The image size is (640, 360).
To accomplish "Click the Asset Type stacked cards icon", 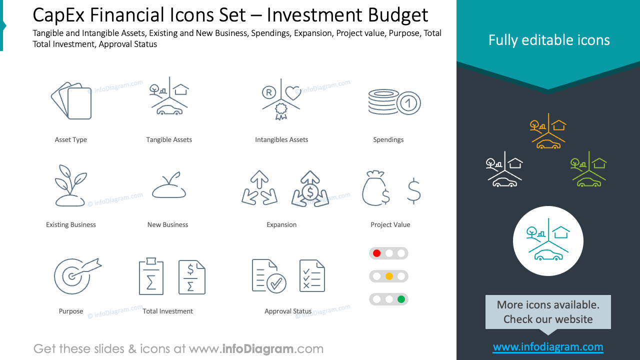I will pos(71,100).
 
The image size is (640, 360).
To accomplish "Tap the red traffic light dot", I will pos(377,253).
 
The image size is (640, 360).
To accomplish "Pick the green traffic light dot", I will pos(401,299).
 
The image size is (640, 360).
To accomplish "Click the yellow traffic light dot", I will pos(389,276).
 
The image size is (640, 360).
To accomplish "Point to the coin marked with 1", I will pos(408,103).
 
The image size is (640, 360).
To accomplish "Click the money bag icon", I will pos(375,188).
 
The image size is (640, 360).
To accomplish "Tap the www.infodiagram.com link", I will pos(548,347).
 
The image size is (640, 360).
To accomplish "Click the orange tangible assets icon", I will pos(548,131).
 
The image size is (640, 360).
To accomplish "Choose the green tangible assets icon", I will pos(588,169).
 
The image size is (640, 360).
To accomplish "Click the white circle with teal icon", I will pos(548,241).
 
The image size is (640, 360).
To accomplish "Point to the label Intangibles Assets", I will pos(281,140).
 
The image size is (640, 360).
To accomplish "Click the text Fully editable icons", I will pos(549,40).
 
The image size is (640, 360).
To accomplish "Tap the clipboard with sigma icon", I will pos(151,276).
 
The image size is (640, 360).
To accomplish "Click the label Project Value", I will pos(390,225).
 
